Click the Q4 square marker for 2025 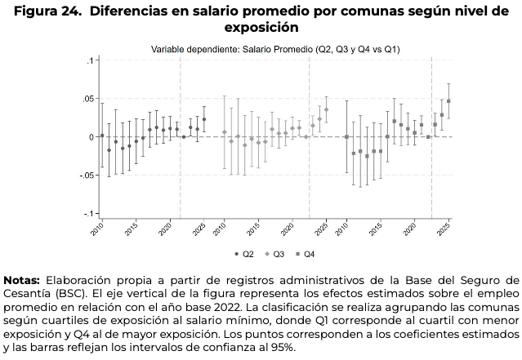[x=448, y=101]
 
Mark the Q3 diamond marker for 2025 [x=326, y=109]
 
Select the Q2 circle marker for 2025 [x=204, y=119]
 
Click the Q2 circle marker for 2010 [x=102, y=136]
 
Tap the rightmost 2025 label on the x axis [x=446, y=229]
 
